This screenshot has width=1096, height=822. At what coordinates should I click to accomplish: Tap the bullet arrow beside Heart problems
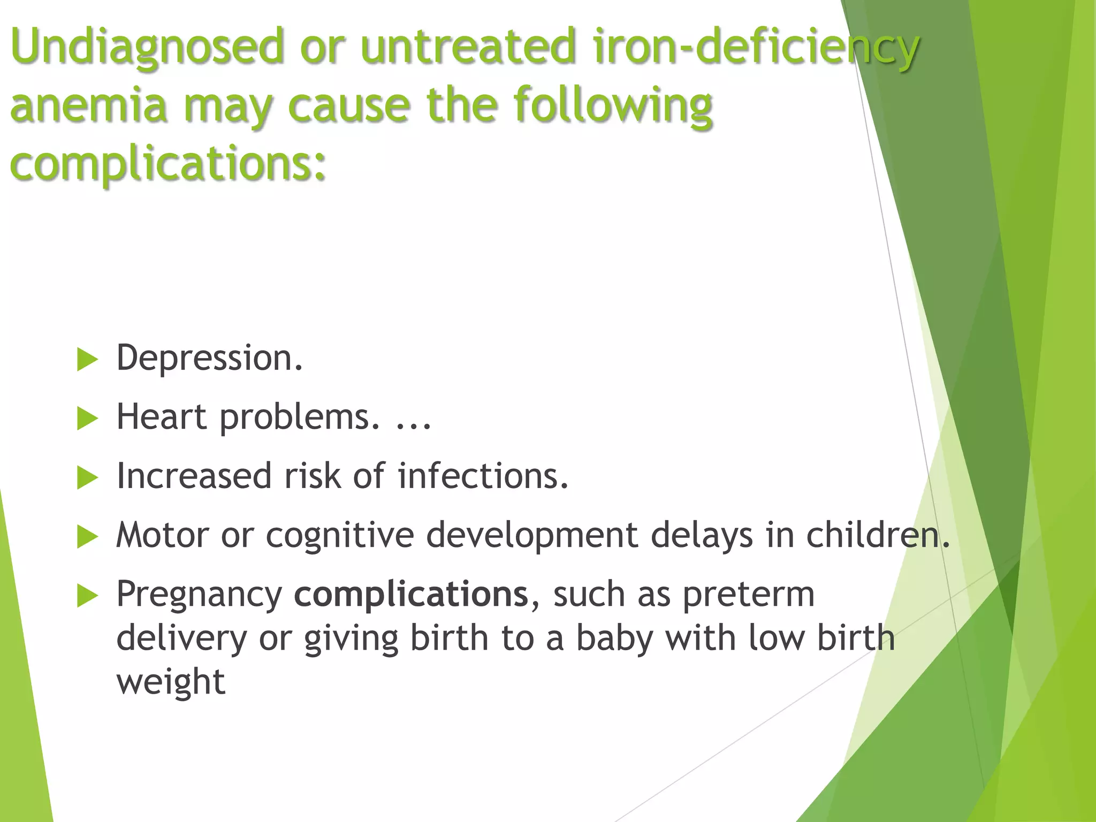click(x=87, y=418)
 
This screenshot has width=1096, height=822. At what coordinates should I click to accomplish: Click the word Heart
click(x=161, y=417)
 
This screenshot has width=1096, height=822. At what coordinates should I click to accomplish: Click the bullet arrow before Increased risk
click(x=87, y=477)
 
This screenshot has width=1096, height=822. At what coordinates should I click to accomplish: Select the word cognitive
click(x=340, y=536)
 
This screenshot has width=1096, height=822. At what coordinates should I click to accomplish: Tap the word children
click(x=878, y=535)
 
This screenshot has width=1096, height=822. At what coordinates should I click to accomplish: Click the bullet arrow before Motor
click(x=87, y=537)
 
